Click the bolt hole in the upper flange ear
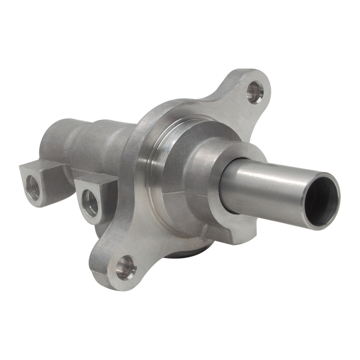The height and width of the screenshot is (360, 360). click(255, 92)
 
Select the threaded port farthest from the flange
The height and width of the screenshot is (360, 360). click(33, 187)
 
